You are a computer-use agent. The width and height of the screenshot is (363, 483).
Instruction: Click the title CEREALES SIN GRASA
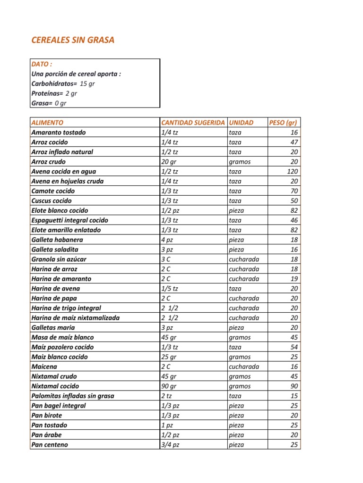click(73, 40)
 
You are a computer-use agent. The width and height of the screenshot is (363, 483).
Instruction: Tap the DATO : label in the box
click(42, 64)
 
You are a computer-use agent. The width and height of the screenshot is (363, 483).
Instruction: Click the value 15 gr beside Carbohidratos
click(87, 83)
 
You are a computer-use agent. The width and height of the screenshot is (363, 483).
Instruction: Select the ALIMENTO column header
click(47, 123)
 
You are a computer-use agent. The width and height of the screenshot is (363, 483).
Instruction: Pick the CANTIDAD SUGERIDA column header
click(193, 123)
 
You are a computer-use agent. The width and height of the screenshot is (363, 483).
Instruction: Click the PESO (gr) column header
click(283, 123)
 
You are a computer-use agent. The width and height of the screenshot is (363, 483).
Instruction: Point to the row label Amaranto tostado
click(59, 133)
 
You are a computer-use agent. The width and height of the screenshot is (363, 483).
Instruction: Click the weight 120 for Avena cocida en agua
click(292, 172)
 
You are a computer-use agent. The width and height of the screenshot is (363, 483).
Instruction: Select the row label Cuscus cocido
click(52, 201)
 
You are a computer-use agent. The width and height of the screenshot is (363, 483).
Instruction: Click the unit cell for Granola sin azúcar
click(244, 259)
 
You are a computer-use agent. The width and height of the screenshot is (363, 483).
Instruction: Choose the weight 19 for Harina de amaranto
click(294, 279)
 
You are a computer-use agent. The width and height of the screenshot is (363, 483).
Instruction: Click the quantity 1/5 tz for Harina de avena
click(170, 289)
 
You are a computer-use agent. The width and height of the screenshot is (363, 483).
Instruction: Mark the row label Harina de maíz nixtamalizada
click(75, 318)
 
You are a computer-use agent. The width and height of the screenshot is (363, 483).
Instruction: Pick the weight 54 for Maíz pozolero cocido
click(294, 347)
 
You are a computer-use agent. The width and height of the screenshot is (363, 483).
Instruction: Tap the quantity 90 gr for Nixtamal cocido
click(169, 386)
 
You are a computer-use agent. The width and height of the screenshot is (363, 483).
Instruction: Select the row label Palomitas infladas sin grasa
click(72, 396)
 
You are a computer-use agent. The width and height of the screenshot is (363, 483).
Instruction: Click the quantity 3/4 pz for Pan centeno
click(170, 445)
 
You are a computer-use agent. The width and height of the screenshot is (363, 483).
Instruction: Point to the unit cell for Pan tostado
click(236, 425)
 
